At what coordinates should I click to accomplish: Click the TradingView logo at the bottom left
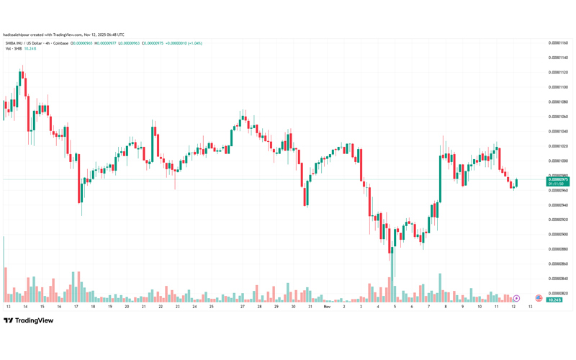point(29,321)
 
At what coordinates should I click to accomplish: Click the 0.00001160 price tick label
point(558,43)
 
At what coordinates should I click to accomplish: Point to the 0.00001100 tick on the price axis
point(558,87)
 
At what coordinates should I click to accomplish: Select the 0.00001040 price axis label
point(558,132)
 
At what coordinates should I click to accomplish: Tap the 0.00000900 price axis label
point(558,235)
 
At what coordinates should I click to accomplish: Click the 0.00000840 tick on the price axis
point(558,279)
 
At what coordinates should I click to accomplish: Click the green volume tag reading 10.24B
point(554,300)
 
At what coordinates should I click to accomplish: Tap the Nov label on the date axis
point(327,307)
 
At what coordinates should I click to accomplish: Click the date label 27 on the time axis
point(243,307)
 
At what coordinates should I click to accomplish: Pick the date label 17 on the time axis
point(76,307)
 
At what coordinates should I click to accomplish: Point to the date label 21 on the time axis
point(143,307)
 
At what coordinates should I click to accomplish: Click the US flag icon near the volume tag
point(538,298)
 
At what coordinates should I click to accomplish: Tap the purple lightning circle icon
point(516,298)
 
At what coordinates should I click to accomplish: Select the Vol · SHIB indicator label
point(13,49)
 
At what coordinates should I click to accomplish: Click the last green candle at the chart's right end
point(516,183)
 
